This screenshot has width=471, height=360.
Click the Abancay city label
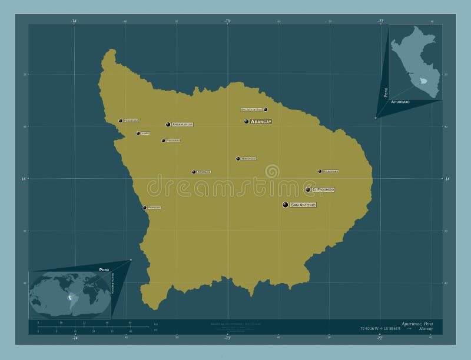coord(261,121)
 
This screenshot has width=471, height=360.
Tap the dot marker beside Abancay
coord(247,121)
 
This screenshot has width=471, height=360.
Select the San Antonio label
coord(303,205)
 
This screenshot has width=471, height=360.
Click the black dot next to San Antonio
coord(286,205)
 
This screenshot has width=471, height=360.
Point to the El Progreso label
coord(323,189)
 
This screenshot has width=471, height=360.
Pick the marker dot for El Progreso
coord(308,189)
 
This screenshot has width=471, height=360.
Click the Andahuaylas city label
coord(183,124)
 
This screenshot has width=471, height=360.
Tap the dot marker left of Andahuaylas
coord(168,124)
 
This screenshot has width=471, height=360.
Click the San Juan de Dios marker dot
coord(266,109)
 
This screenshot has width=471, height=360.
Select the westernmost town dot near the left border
coord(121,121)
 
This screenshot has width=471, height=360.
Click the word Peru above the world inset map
coord(104,269)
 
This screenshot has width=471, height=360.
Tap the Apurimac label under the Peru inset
coord(400,102)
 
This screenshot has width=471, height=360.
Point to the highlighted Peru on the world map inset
coord(72,299)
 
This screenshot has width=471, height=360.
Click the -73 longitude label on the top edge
coord(227,21)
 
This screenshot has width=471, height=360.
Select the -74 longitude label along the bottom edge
coord(75,338)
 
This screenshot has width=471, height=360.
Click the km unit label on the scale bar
coord(156,324)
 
